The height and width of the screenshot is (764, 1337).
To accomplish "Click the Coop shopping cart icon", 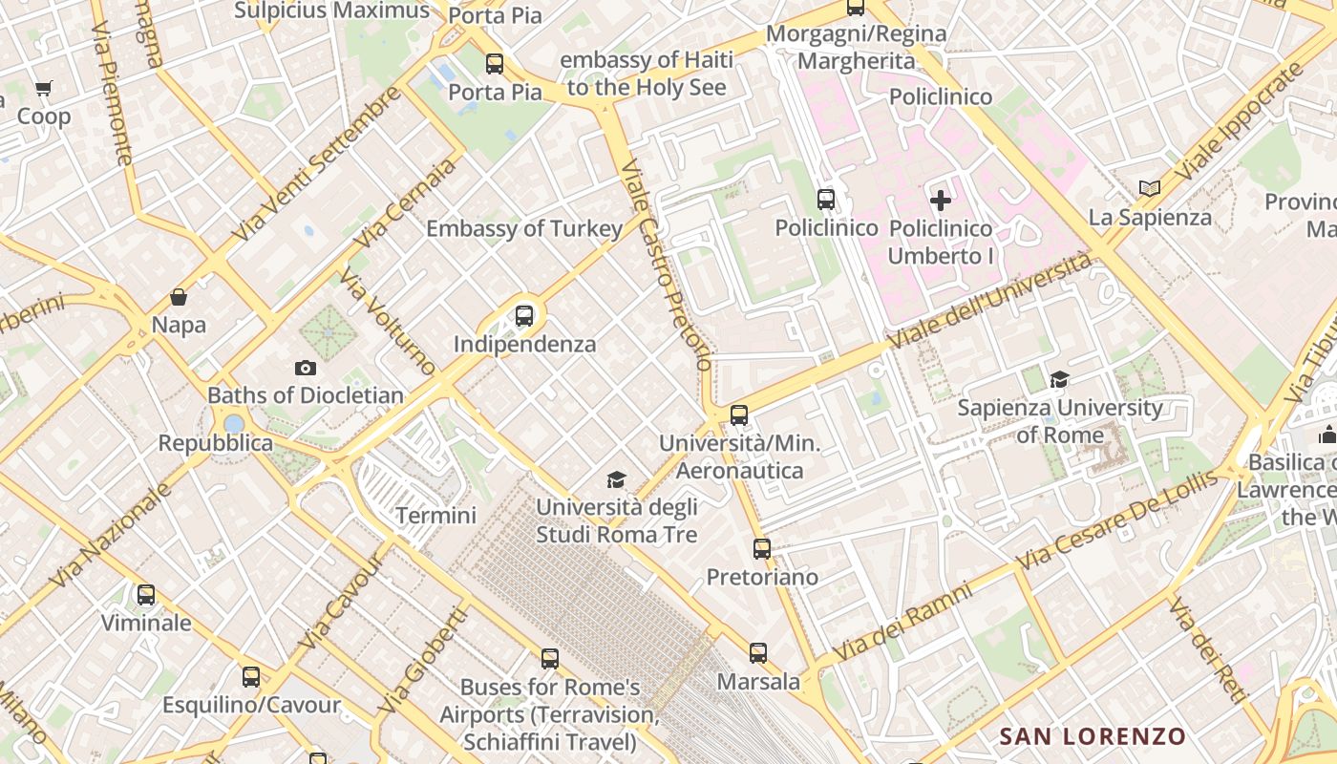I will pyautogui.click(x=43, y=89).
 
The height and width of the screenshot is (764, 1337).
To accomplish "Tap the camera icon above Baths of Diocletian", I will pyautogui.click(x=306, y=368).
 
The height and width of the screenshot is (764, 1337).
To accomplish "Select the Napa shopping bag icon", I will pyautogui.click(x=179, y=297).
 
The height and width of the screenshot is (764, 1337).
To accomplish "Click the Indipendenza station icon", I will pyautogui.click(x=524, y=316).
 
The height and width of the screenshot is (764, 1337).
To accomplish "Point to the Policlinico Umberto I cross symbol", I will pyautogui.click(x=941, y=201).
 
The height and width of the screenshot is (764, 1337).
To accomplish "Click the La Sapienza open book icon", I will pyautogui.click(x=1150, y=189).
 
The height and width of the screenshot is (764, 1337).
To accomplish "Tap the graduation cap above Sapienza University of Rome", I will pyautogui.click(x=1059, y=380).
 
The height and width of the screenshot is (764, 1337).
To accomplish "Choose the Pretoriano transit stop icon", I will pyautogui.click(x=761, y=549).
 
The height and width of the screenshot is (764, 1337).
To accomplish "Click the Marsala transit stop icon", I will pyautogui.click(x=758, y=653).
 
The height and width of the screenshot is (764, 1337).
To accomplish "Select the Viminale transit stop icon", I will pyautogui.click(x=146, y=595).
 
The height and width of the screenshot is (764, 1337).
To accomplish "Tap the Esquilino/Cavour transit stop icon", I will pyautogui.click(x=251, y=677).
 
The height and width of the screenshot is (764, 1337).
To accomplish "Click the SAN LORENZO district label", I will pyautogui.click(x=1093, y=736).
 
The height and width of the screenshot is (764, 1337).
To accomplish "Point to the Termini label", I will pyautogui.click(x=435, y=516).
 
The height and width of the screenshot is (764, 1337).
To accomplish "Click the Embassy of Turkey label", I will pyautogui.click(x=524, y=229).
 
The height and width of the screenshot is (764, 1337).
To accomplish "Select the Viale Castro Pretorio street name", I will pyautogui.click(x=666, y=265).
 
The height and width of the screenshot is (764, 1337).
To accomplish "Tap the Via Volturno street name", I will pyautogui.click(x=388, y=323).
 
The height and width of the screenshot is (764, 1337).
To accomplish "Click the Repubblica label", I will pyautogui.click(x=215, y=444).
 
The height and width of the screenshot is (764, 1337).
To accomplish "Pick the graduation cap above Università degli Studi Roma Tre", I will pyautogui.click(x=617, y=479).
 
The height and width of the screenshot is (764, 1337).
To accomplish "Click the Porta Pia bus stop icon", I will pyautogui.click(x=495, y=64).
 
